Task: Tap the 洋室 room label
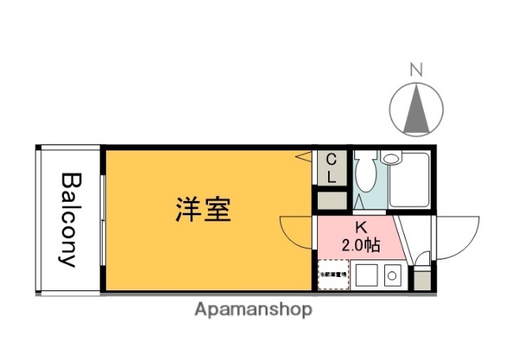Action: (203, 210)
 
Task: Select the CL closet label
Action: (332, 169)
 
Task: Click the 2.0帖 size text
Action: (361, 245)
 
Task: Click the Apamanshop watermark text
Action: (253, 309)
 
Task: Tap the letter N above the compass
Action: (417, 70)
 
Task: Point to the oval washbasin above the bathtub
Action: (391, 158)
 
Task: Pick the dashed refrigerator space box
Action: (333, 275)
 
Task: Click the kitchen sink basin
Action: (366, 277)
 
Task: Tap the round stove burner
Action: (391, 277)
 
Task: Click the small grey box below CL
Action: (332, 200)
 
